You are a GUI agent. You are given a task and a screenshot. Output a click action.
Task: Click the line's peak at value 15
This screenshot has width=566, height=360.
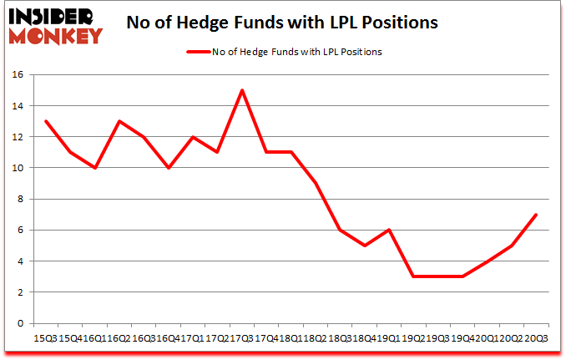[241, 90]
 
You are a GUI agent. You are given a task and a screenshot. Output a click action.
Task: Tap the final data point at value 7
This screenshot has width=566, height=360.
[535, 215]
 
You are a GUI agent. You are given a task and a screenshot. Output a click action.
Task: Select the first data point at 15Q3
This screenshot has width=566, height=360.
[45, 121]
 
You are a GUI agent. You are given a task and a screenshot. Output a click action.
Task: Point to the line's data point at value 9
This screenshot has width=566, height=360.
[315, 184]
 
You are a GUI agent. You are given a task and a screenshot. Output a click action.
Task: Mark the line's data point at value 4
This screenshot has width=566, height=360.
[487, 261]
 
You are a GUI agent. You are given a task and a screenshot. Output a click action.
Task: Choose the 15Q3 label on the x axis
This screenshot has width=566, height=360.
[45, 338]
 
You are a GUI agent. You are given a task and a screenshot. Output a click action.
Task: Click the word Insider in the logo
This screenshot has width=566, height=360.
[52, 16]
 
